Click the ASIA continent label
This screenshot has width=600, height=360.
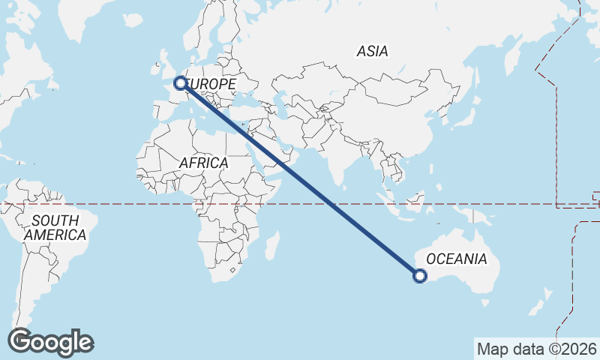point(373,52)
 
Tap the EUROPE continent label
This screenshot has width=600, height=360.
point(210,85)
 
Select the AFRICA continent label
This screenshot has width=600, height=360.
point(203,163)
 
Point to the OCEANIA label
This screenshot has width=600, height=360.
point(456,259)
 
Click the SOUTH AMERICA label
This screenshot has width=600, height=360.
point(55,228)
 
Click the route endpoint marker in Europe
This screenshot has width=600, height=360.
point(181,83)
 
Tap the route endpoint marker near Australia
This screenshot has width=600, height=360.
point(420,276)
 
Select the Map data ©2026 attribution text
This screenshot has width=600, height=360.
point(537,349)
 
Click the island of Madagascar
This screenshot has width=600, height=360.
point(272,245)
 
